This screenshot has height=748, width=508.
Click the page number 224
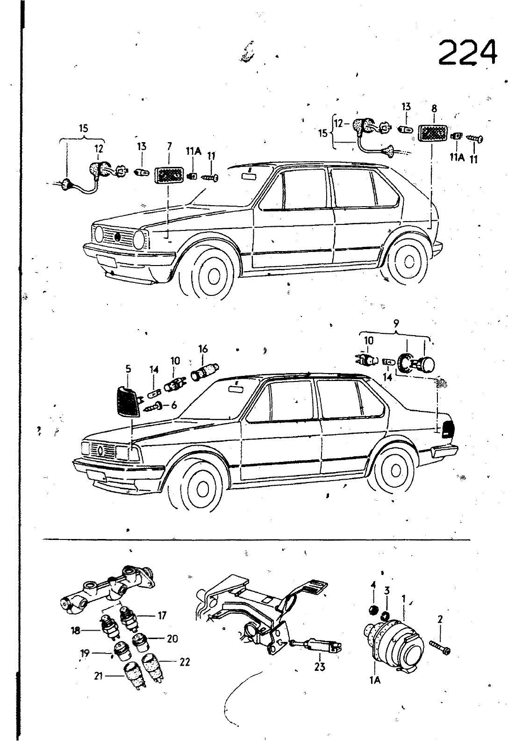tap(467, 52)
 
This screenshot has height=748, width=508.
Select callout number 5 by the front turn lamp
tap(128, 369)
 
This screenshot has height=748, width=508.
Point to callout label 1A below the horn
tap(375, 680)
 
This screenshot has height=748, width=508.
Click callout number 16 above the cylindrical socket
tap(203, 349)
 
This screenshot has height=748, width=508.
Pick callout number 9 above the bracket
tap(396, 322)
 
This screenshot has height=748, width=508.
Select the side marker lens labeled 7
tap(169, 176)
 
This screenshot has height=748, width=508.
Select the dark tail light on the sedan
tap(446, 429)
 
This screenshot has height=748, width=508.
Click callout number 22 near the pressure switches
tap(184, 662)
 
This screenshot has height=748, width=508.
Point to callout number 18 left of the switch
tap(76, 631)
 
